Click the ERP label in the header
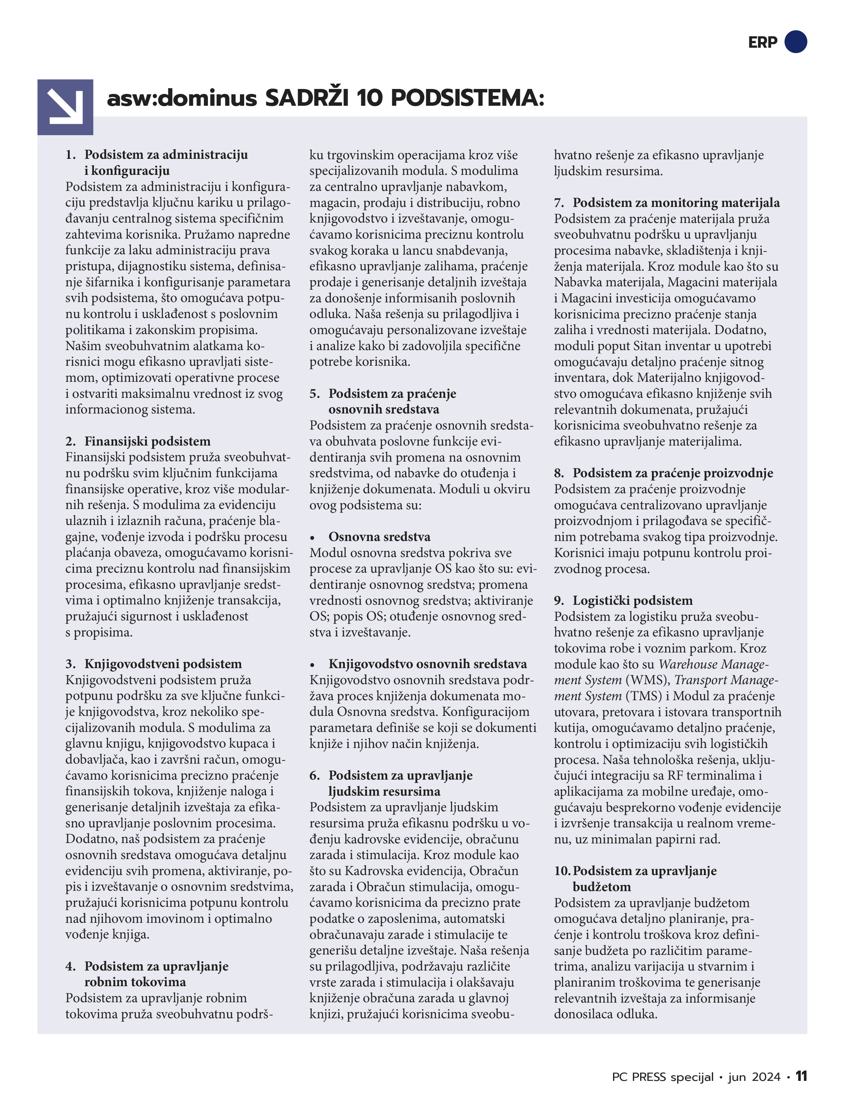762,42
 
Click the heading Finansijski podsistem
147,441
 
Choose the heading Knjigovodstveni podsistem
163,664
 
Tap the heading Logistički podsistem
632,600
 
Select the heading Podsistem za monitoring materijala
676,203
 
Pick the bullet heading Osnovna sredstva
379,537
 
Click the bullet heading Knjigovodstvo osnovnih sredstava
428,664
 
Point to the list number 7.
559,203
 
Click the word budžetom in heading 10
602,887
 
